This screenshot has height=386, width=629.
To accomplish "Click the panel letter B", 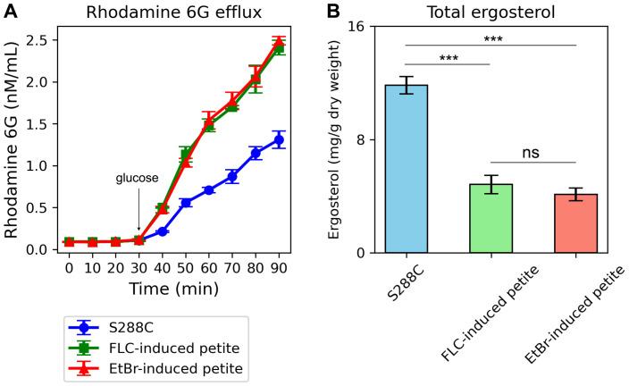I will coord(332,12).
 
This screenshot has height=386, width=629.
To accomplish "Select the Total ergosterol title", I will coord(489,13).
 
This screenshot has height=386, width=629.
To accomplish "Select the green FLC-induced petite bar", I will coord(490,218).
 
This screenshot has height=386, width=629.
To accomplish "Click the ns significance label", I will coord(531,152).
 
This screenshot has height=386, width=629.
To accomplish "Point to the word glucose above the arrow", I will coord(137,178).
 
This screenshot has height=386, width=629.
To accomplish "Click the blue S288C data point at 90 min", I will coord(278,139).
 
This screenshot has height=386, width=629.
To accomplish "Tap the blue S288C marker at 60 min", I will coord(208,190).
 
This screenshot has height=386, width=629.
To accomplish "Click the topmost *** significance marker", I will coord(490,39).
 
